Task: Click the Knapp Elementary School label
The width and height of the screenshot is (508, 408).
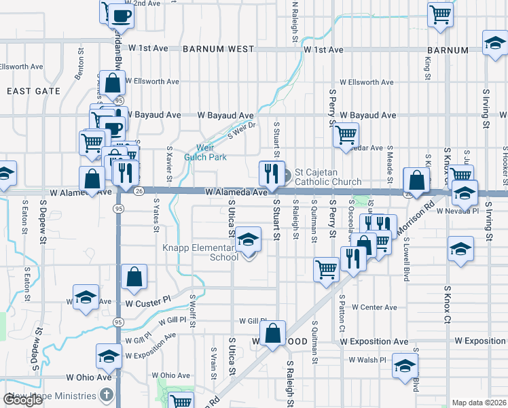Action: (x=200, y=252)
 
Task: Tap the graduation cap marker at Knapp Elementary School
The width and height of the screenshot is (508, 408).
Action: (x=249, y=239)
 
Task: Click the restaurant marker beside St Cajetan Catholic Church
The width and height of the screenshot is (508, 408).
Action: (x=270, y=173)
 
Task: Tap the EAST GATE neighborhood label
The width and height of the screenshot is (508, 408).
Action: (x=29, y=90)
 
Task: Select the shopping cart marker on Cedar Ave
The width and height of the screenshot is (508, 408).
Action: (x=346, y=135)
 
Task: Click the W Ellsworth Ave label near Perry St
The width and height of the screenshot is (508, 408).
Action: (x=367, y=82)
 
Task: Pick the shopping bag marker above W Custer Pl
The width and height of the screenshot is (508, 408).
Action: (x=134, y=277)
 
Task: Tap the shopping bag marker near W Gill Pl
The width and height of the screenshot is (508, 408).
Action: (x=272, y=334)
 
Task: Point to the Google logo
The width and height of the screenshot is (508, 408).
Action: (x=22, y=400)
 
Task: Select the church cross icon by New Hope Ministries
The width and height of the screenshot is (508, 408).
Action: (x=106, y=395)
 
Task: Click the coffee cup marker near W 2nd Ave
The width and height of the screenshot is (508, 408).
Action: (x=121, y=15)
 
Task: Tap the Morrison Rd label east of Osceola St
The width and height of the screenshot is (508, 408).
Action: (x=421, y=208)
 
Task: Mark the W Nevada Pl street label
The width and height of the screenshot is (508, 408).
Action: (x=458, y=211)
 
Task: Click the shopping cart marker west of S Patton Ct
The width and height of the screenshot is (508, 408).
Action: (x=326, y=269)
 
